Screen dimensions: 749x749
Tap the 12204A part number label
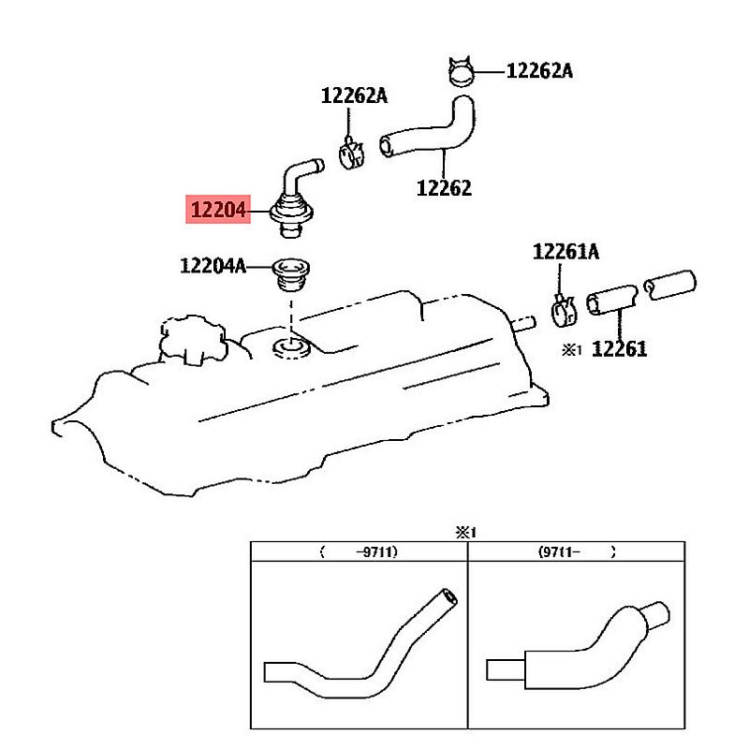213,266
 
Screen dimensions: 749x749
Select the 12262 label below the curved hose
444,187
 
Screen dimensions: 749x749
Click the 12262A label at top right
539,70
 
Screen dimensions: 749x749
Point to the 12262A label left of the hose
354,95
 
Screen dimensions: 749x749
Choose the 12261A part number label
565,251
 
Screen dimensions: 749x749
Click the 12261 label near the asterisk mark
618,349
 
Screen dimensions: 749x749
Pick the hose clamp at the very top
460,71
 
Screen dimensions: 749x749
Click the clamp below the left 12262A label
351,152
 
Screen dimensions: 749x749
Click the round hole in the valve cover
292,350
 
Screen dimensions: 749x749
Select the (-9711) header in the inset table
360,551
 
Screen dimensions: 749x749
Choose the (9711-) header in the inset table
578,551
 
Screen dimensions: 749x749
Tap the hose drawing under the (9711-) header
578,647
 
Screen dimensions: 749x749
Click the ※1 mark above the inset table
466,532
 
